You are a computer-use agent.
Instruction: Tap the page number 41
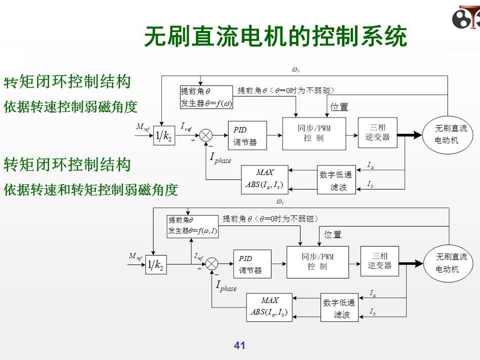pos(239,345)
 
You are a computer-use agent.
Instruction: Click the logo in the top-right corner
pos(465,19)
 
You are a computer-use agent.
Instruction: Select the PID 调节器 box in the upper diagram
pos(246,135)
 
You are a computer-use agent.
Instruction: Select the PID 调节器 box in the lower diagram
pos(252,264)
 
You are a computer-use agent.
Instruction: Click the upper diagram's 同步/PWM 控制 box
pos(314,133)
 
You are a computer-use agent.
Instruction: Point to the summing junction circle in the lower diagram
pos(212,263)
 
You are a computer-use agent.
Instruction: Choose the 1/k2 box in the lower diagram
pos(155,265)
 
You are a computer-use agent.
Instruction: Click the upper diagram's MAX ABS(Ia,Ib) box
pos(264,179)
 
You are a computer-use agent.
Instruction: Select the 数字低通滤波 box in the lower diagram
pos(339,308)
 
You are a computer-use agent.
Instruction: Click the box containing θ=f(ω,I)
pos(192,226)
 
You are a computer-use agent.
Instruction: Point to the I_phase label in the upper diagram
pos(220,159)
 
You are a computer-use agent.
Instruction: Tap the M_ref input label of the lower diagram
pos(135,257)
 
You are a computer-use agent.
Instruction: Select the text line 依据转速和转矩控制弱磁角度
pos(90,190)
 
